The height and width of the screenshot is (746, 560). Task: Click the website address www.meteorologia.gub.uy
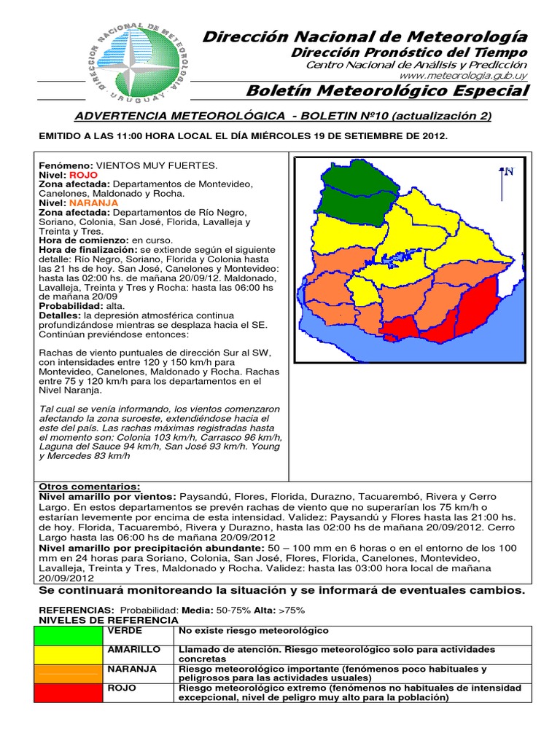[464, 76]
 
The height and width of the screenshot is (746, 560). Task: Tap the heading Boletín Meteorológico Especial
[387, 91]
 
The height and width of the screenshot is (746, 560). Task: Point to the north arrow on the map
[504, 183]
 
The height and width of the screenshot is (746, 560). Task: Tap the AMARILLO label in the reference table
[133, 649]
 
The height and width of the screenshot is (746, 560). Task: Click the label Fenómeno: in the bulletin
[66, 166]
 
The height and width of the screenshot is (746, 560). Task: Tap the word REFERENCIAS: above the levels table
[76, 610]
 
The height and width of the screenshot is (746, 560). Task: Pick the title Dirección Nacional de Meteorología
[365, 37]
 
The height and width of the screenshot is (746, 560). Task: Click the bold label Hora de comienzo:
[83, 240]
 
